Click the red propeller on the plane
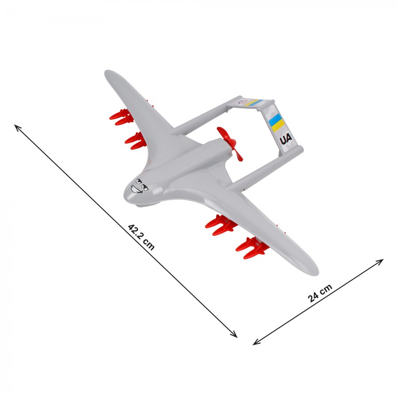[x=230, y=144]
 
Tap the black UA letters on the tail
[x=286, y=139]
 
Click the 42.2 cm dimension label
[x=141, y=237]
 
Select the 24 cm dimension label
[x=320, y=293]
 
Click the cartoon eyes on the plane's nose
[x=142, y=185]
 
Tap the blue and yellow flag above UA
[x=276, y=122]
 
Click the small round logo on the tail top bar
[x=242, y=102]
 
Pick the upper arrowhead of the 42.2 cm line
[x=16, y=126]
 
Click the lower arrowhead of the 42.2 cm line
[x=236, y=336]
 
